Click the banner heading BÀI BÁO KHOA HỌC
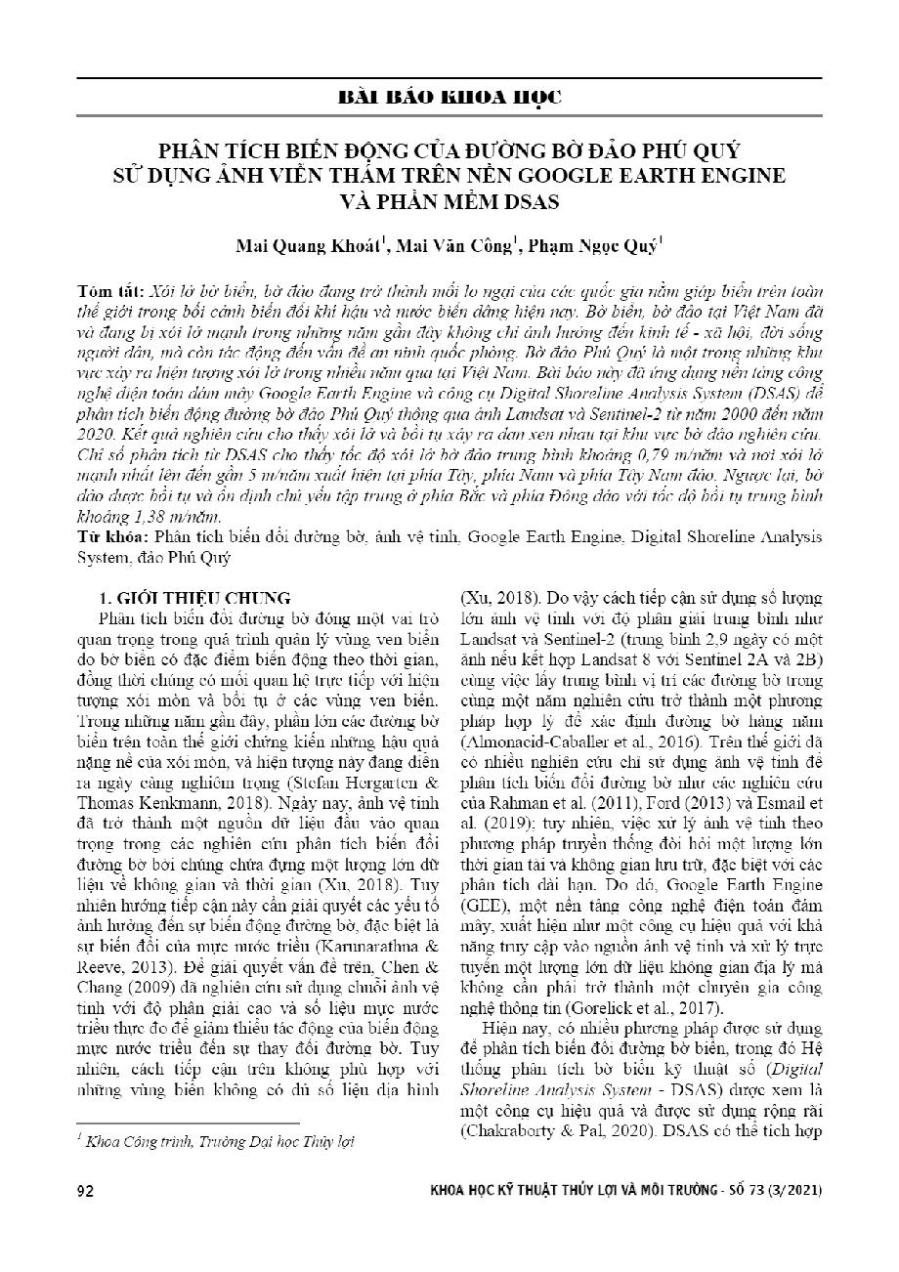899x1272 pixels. [x=449, y=98]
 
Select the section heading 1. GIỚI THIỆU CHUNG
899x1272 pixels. [x=196, y=597]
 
